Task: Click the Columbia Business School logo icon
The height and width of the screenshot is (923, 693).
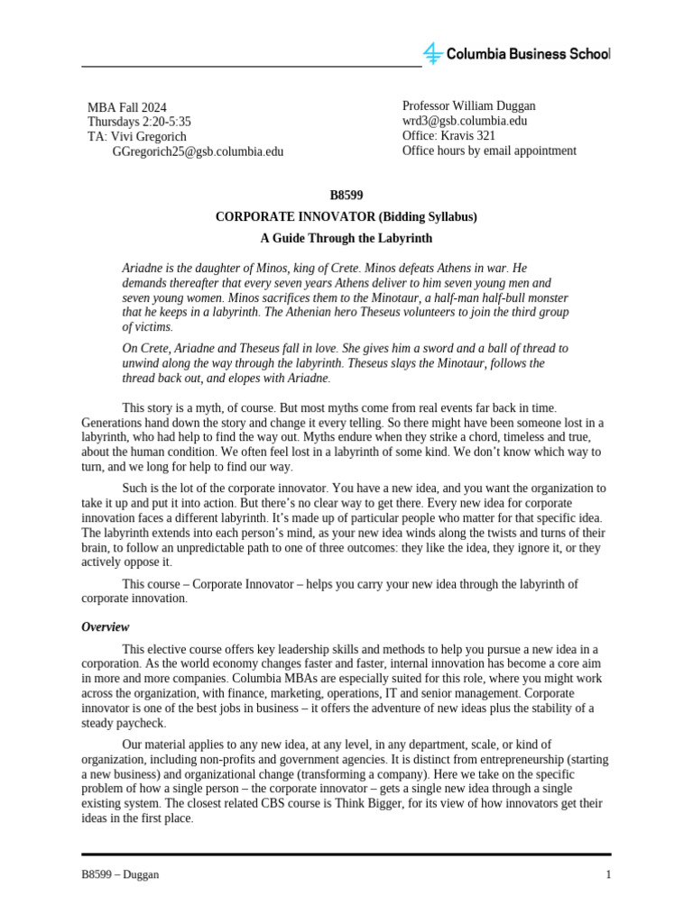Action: [x=433, y=53]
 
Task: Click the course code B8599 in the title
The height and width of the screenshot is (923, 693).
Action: [x=346, y=195]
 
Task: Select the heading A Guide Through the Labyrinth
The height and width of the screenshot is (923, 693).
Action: [x=346, y=239]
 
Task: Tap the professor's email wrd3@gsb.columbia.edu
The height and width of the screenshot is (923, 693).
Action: [x=465, y=121]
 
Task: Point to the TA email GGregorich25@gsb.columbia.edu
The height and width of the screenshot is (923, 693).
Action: [x=198, y=151]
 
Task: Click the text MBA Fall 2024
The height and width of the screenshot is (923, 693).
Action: [x=127, y=107]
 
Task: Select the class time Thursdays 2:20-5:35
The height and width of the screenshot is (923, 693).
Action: [x=139, y=122]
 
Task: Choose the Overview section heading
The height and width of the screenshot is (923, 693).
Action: [x=106, y=627]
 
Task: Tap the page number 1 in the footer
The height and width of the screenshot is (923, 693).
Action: [x=608, y=875]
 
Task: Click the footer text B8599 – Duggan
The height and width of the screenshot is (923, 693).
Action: [x=121, y=875]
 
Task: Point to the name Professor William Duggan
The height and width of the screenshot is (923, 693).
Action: [x=468, y=106]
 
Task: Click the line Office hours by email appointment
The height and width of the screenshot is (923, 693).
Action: [x=488, y=151]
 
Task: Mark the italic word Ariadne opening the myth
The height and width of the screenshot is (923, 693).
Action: [x=143, y=269]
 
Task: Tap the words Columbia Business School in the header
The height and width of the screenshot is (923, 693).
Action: [x=529, y=54]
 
